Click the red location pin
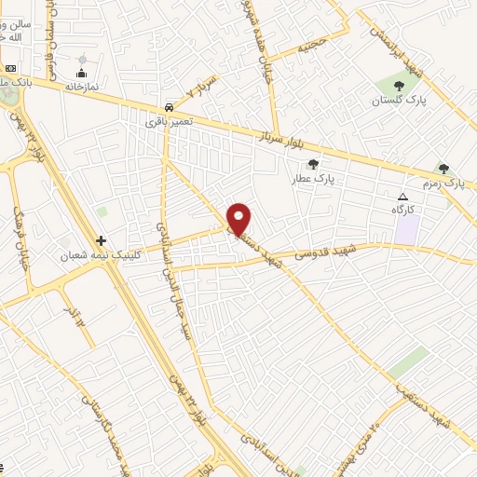(x=239, y=219)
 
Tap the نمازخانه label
(x=82, y=85)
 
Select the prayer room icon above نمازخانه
(x=82, y=73)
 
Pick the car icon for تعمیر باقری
(x=167, y=107)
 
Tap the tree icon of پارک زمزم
(x=443, y=169)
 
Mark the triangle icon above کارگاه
(x=402, y=197)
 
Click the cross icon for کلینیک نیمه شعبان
(x=102, y=240)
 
